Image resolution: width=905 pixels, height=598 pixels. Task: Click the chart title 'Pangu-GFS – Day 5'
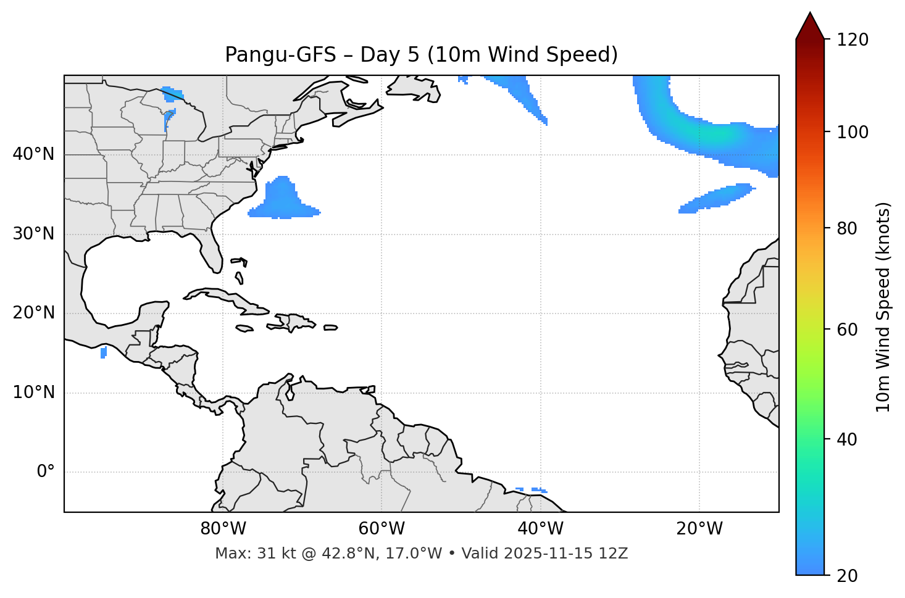coord(421,55)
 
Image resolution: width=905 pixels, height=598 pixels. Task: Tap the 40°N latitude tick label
coord(33,154)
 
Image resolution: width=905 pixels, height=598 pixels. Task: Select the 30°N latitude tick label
coord(33,234)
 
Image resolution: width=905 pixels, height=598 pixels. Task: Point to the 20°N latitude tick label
coord(33,313)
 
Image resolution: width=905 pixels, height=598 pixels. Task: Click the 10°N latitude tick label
coord(33,392)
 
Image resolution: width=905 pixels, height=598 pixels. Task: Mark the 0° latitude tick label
coord(45,472)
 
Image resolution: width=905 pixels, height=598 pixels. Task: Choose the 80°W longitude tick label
coord(223,529)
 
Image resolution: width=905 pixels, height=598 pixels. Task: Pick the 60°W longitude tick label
coord(382,529)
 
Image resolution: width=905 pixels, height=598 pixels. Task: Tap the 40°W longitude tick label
coord(540,529)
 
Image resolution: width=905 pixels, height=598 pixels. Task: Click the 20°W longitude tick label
coord(699,529)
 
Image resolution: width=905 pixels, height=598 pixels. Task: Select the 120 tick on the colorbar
coord(853,40)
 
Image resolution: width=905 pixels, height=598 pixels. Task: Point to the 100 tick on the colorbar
coord(853,132)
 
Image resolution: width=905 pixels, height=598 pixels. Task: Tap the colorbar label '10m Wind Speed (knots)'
coord(883,307)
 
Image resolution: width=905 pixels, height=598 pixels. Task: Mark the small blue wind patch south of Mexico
coord(103,352)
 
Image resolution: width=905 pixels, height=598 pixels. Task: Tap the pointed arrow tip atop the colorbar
coord(809,15)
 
